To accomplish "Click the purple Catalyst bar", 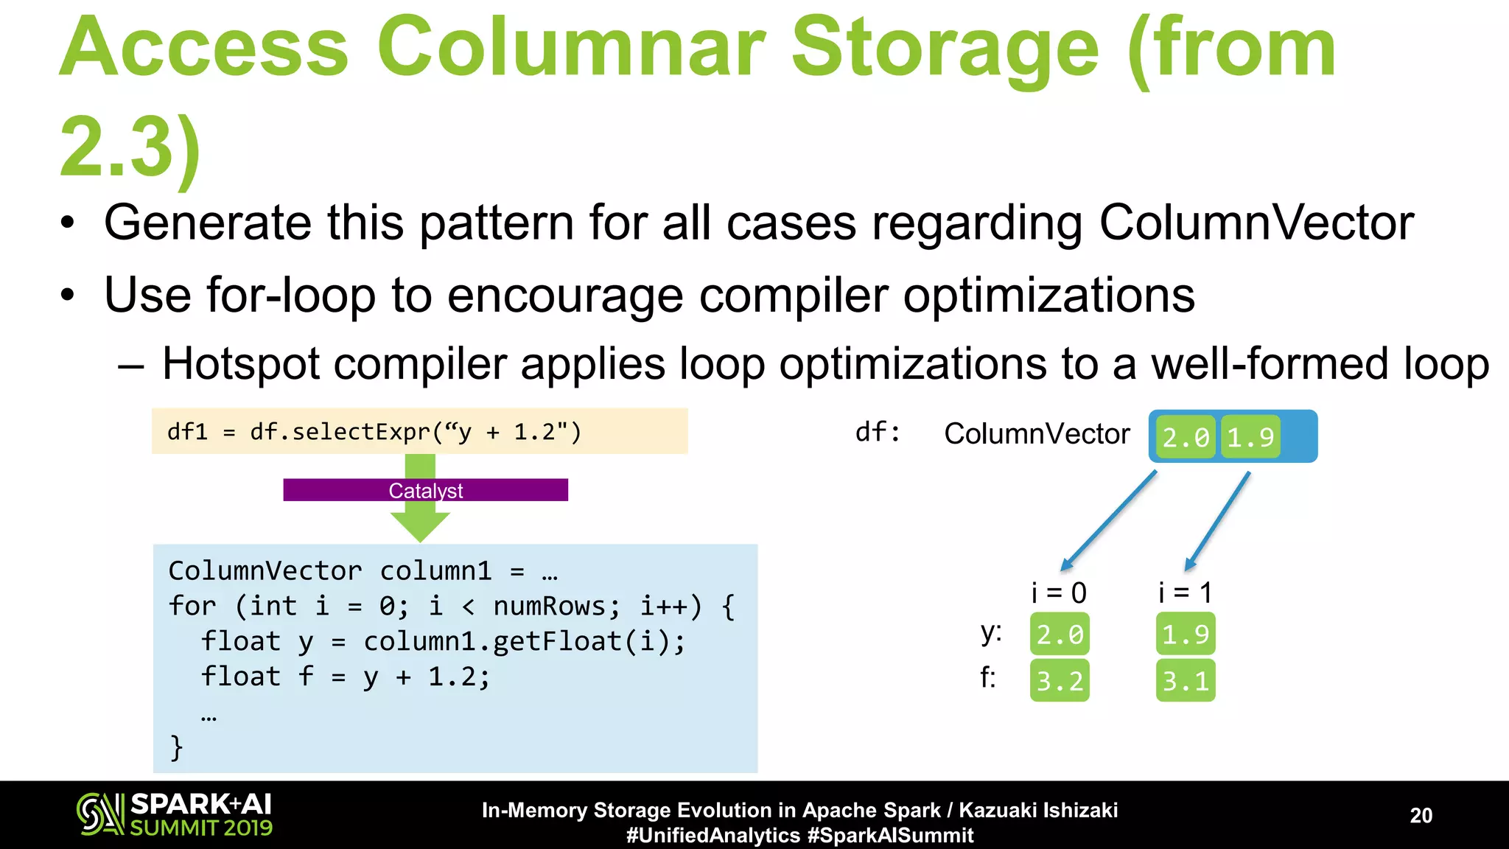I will tap(425, 490).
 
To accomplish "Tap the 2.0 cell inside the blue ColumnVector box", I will tap(1185, 437).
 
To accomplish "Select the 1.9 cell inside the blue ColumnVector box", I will tap(1250, 437).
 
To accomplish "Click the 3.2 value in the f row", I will tap(1060, 680).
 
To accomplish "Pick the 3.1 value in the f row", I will tap(1185, 680).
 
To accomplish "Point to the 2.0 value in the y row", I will tap(1060, 634).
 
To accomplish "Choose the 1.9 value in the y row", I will tap(1185, 634).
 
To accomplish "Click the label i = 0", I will tap(1059, 593).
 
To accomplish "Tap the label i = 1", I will tap(1185, 593).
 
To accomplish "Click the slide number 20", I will tap(1421, 815).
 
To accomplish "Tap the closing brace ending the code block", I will tap(176, 747).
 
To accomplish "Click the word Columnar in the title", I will tap(571, 48).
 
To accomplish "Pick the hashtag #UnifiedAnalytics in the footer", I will tap(713, 835).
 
